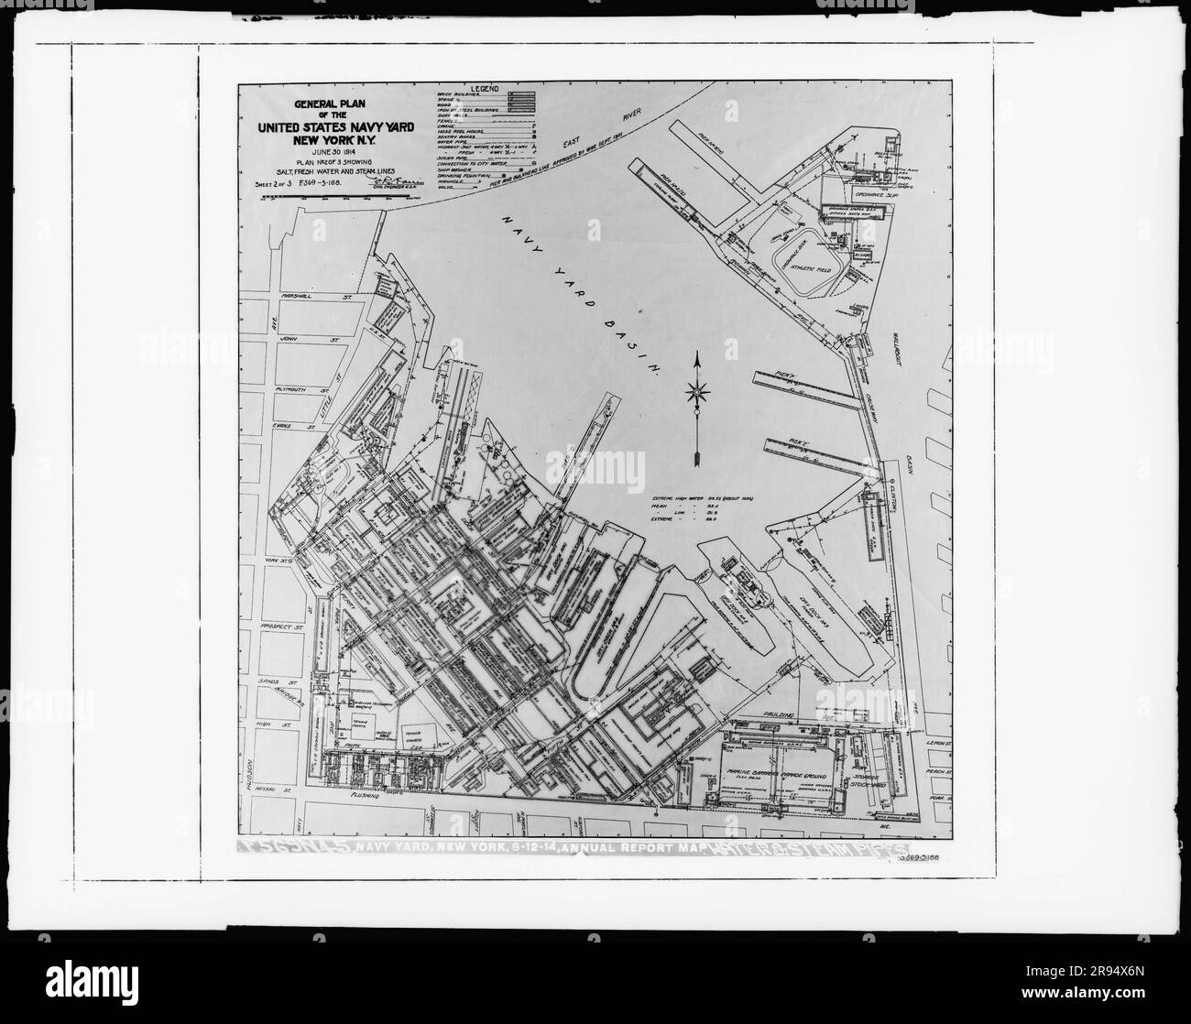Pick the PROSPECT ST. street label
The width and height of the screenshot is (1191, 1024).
tap(282, 626)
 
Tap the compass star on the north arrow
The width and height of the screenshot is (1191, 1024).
tap(698, 395)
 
